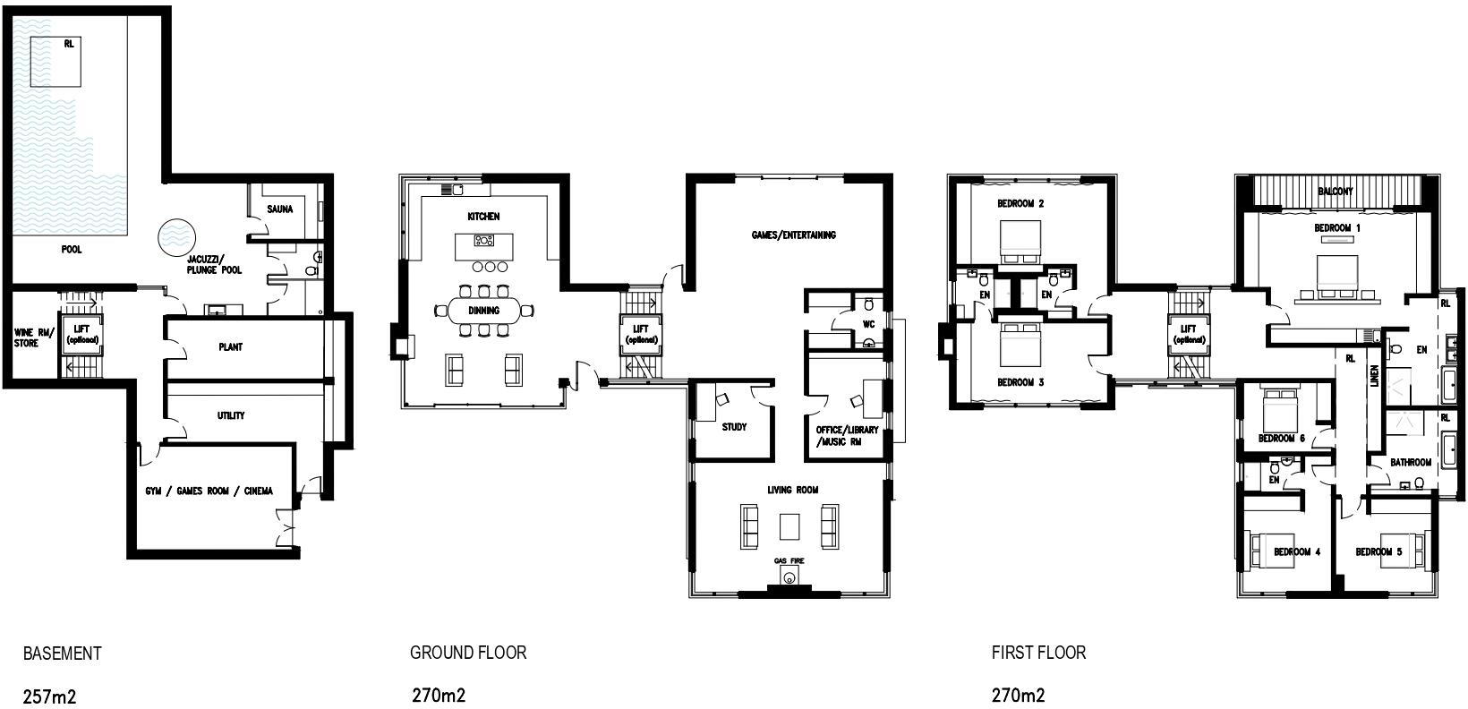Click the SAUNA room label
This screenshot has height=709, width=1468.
[x=280, y=209]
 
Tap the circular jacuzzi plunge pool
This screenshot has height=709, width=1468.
[x=177, y=236]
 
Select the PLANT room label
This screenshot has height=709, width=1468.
[x=230, y=347]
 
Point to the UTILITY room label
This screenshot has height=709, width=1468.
[x=231, y=415]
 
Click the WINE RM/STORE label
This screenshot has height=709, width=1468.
[x=27, y=337]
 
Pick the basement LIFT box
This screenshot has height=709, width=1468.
[x=81, y=334]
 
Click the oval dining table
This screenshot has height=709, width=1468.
[x=484, y=311]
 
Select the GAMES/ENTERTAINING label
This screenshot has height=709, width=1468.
[x=793, y=235]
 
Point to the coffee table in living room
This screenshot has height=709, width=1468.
[x=789, y=526]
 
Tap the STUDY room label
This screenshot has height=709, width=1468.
[x=734, y=427]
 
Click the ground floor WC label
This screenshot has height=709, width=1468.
[x=867, y=323]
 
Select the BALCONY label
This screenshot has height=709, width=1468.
[x=1336, y=192]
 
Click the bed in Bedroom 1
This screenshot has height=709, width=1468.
[x=1336, y=276]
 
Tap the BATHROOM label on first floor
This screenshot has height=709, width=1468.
[x=1411, y=463]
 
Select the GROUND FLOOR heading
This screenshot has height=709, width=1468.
[x=468, y=653]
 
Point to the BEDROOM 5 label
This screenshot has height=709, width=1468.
[x=1378, y=552]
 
